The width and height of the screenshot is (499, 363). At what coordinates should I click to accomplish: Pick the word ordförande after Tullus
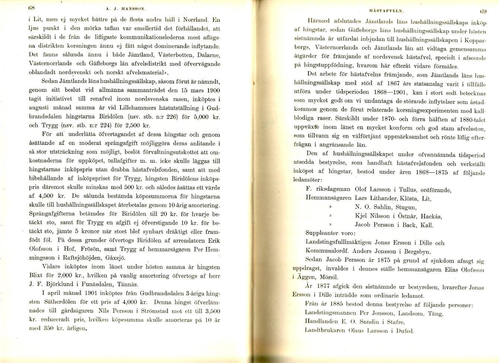tap(433, 190)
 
